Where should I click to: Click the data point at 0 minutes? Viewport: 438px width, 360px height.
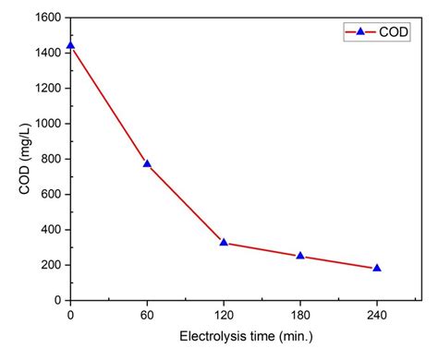tap(70, 45)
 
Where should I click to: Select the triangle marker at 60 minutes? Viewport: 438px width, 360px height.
tap(147, 163)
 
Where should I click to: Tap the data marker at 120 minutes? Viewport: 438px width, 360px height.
tap(224, 242)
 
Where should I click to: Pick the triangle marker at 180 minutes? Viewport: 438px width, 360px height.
tap(300, 256)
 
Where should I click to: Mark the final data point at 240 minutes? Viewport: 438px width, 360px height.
tap(377, 268)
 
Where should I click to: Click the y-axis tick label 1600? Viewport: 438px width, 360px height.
tap(49, 18)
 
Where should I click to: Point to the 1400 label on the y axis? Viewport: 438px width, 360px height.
tap(49, 53)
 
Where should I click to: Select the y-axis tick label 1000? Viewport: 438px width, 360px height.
tap(49, 124)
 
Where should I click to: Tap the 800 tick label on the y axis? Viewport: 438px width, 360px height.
tap(52, 159)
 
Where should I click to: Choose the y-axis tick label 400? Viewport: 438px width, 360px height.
tap(52, 230)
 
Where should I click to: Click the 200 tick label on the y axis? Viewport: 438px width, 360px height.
tap(52, 265)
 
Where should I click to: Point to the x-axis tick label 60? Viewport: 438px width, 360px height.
tap(147, 316)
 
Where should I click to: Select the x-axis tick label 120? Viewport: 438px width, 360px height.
tap(224, 316)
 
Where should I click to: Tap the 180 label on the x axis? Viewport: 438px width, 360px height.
tap(300, 316)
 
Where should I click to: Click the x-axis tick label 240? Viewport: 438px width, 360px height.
tap(377, 316)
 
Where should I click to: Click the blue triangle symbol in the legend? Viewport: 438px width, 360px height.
tap(360, 31)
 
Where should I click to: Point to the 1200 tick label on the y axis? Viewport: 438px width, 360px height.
tap(49, 89)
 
